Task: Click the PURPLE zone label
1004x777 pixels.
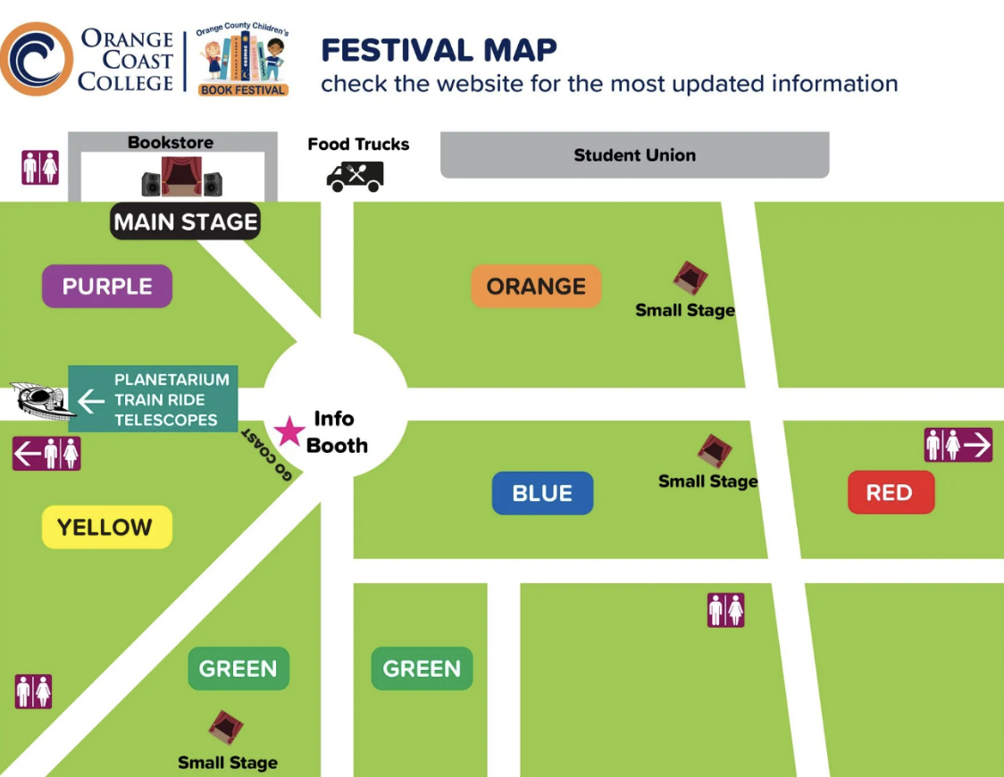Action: click(107, 287)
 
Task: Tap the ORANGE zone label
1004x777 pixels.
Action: click(536, 287)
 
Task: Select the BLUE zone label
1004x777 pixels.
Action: click(542, 493)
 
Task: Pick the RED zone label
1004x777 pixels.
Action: click(889, 493)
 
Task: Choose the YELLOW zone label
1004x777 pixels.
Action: click(105, 527)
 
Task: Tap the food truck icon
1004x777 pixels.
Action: click(356, 176)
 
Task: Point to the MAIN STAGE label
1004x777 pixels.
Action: click(186, 222)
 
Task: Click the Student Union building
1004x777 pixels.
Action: click(634, 155)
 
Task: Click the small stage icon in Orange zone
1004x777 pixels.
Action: click(690, 279)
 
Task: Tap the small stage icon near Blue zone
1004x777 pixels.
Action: click(714, 451)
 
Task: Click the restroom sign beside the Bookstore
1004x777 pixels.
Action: click(40, 168)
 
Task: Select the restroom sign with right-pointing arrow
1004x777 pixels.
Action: click(958, 445)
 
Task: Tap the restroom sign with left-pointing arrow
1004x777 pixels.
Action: click(46, 454)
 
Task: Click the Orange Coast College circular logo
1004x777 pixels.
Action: click(36, 59)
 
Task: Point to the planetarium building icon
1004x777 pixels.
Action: click(38, 401)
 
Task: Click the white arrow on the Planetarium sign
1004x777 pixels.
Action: click(90, 401)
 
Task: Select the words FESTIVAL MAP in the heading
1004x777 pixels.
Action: click(439, 50)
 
